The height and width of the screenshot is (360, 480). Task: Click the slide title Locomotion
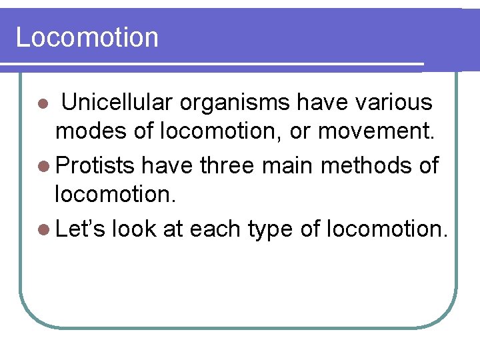pos(87,37)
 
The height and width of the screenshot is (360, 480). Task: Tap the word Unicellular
pos(117,103)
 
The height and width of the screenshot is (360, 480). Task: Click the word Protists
pos(95,165)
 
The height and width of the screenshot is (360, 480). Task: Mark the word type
pos(270,229)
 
